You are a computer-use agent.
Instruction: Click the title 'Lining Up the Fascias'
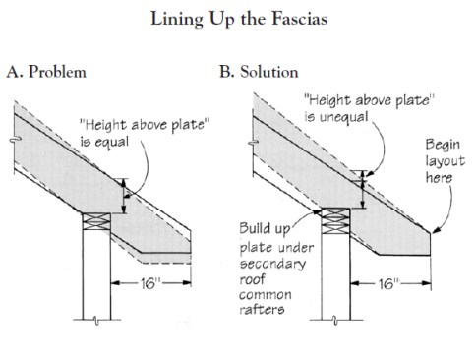tap(238, 19)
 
